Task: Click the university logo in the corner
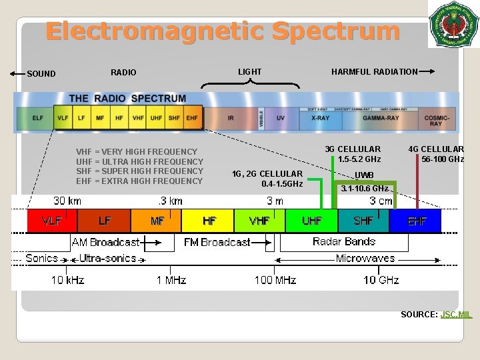point(453,24)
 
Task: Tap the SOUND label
point(41,73)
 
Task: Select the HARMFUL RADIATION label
point(375,72)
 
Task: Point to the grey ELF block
point(38,118)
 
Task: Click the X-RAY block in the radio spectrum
point(320,118)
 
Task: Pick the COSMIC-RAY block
point(435,120)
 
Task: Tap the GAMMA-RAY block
point(381,118)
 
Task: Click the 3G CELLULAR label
point(353,149)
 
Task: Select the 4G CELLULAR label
point(436,149)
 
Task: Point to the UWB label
point(364,175)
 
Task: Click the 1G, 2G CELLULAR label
point(267,174)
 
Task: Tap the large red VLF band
point(52,221)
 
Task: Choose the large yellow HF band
point(209,221)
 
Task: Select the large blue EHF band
point(417,221)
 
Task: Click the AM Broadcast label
point(106,242)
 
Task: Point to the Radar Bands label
point(344,241)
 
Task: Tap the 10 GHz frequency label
point(381,280)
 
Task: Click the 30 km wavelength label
point(67,201)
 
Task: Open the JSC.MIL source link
point(456,314)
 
